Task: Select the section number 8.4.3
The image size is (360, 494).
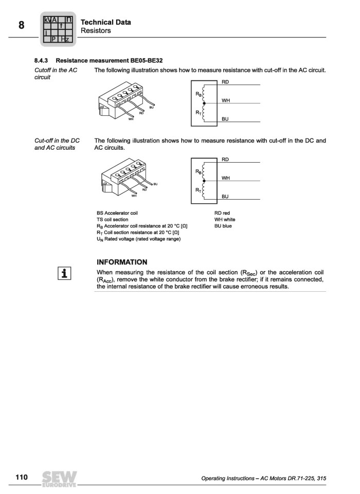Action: [x=41, y=60]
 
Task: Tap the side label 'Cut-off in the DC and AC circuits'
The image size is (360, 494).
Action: [x=57, y=144]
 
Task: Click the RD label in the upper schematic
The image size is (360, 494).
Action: [x=225, y=82]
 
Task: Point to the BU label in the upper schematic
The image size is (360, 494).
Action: [x=225, y=119]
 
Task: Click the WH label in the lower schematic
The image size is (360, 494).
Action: [x=225, y=178]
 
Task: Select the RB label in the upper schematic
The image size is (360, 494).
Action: [x=199, y=94]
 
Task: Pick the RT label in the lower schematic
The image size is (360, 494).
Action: [x=199, y=190]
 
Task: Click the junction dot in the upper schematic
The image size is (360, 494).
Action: [x=204, y=103]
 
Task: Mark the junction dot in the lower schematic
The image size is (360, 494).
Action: [x=204, y=181]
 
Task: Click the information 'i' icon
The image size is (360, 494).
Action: [x=64, y=273]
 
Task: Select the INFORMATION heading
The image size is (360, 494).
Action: [x=122, y=262]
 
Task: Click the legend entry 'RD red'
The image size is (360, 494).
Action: [x=222, y=213]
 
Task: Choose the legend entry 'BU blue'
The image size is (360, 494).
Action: [x=223, y=226]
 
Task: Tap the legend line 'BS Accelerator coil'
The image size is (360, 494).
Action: [x=117, y=213]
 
